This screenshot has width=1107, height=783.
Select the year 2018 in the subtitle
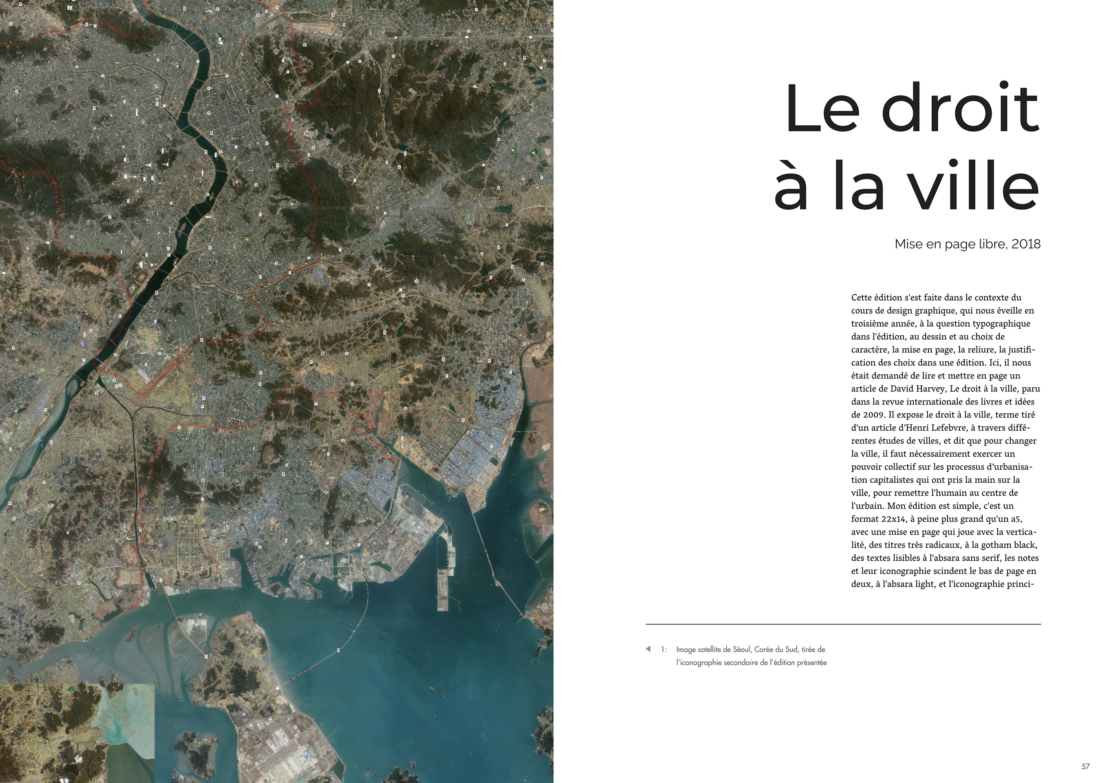1026,244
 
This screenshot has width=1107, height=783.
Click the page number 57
1085,767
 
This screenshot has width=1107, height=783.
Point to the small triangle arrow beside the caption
648,648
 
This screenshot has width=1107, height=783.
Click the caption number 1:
664,650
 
